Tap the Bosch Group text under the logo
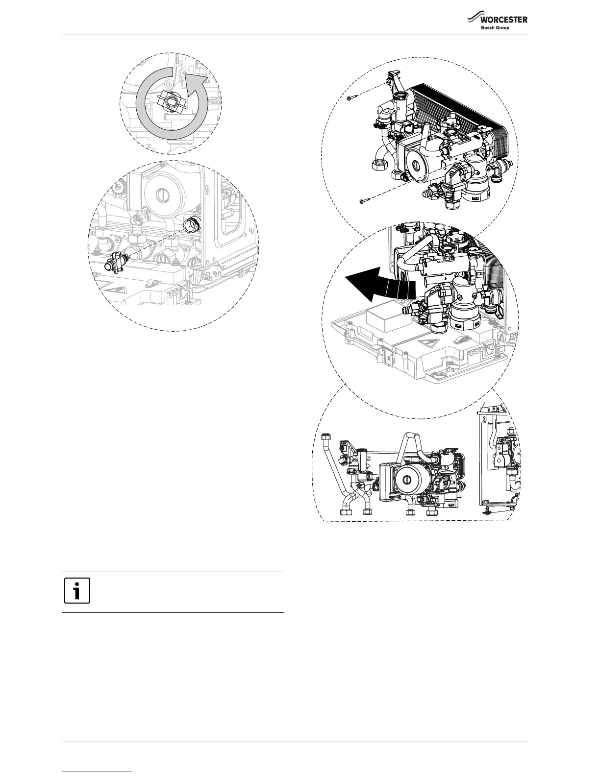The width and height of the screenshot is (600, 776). click(495, 28)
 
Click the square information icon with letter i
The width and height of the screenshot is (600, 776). click(77, 591)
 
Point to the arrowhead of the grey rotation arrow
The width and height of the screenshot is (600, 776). click(200, 83)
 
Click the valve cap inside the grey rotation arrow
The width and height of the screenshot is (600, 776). click(171, 102)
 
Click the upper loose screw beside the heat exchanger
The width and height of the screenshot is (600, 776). click(351, 98)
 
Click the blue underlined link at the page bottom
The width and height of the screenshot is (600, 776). click(98, 772)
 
